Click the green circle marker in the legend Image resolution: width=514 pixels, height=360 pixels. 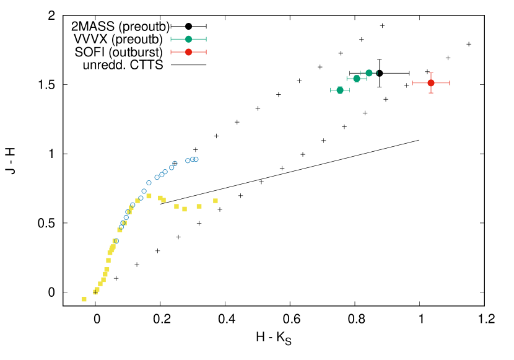coord(188,39)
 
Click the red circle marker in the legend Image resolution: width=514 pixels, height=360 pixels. coord(188,52)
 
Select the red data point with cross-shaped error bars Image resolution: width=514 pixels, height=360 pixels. coord(431,82)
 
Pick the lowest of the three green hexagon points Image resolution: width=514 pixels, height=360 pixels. coord(340,90)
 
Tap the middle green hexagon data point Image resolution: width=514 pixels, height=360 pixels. coord(357,79)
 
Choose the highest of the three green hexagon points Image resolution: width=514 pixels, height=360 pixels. coord(369,72)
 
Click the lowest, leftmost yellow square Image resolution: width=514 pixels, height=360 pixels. coord(84,299)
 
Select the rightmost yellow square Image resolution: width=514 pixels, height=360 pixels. coord(216,201)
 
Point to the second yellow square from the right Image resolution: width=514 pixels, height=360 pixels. coord(199,206)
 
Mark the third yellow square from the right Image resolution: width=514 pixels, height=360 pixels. coord(185,209)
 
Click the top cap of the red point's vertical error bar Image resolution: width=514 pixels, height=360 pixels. coord(431,73)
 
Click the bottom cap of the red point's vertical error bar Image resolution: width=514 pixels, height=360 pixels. coord(431,93)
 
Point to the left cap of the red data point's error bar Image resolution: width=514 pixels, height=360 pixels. coord(412,82)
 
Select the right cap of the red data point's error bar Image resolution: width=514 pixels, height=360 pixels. coord(450,82)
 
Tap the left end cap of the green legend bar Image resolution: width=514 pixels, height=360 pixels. coord(171,39)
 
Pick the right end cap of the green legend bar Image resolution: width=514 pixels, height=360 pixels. coord(206,39)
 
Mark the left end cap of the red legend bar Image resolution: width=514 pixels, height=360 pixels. coord(171,52)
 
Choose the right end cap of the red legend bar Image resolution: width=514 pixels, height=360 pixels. coord(206,52)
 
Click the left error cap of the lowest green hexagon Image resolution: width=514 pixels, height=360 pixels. coord(331,90)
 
